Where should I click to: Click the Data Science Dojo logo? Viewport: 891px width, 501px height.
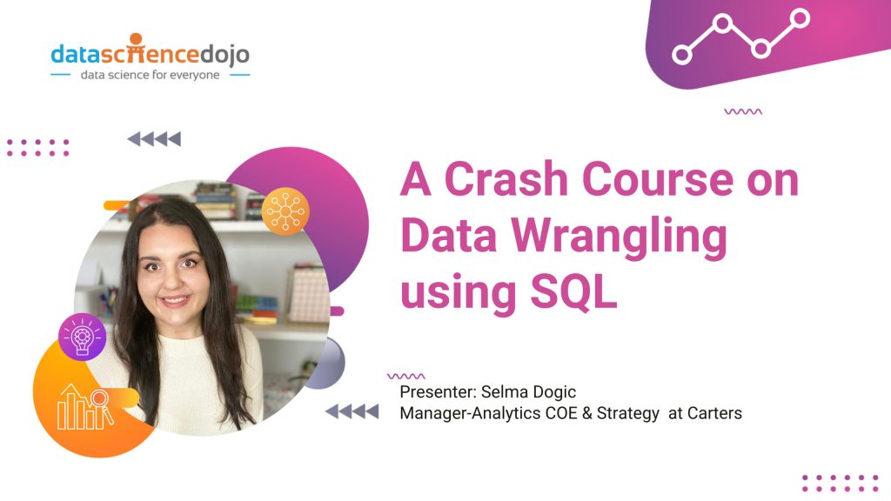(150, 53)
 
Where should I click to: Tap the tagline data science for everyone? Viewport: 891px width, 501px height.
(150, 75)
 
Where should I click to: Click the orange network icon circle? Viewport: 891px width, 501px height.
(285, 210)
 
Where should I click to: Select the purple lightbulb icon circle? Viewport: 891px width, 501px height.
(83, 337)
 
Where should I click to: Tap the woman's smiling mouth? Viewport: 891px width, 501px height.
(175, 301)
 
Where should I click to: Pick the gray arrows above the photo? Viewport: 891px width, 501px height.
(154, 138)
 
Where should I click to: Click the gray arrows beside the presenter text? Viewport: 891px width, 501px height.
(352, 411)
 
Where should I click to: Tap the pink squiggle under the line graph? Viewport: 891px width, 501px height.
(743, 111)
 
